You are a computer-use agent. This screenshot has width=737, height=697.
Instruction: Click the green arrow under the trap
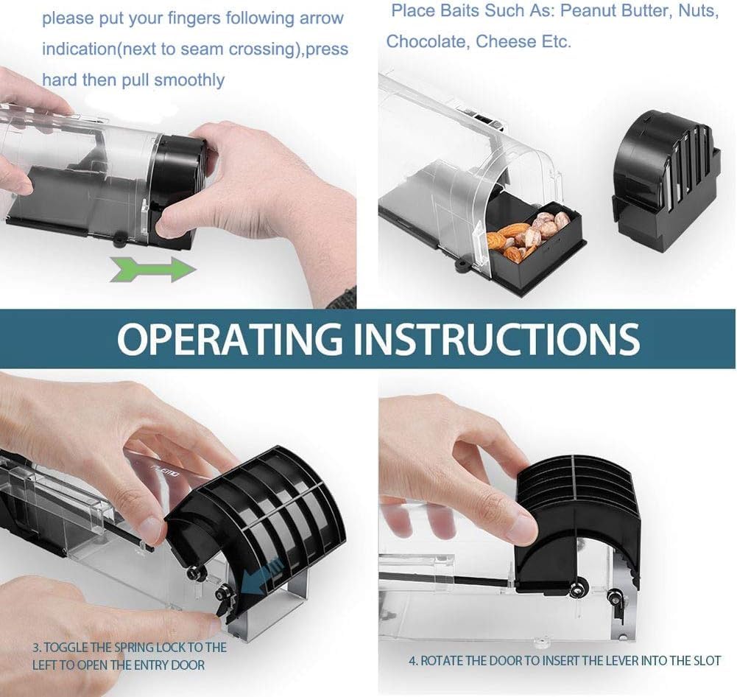[x=152, y=270]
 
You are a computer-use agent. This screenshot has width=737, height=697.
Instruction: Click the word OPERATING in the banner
[x=230, y=338]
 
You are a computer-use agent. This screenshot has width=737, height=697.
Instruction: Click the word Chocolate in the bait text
[x=426, y=42]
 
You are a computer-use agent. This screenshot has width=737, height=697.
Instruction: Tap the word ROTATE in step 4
[x=441, y=661]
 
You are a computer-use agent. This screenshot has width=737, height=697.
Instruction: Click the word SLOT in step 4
[x=707, y=661]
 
